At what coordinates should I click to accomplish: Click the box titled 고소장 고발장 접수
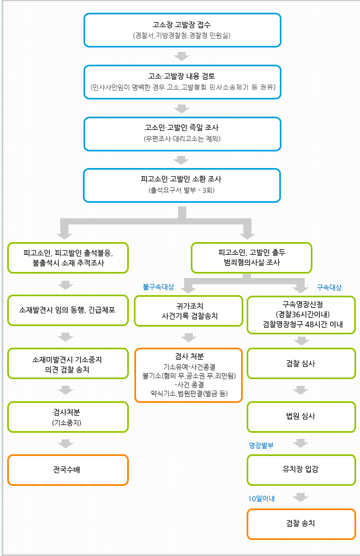point(182,30)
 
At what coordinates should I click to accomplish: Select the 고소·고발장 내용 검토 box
point(182,82)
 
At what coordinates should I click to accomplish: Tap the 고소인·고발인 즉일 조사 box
point(182,134)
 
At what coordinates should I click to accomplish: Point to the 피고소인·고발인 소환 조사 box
point(182,186)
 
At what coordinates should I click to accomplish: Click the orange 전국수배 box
point(68,470)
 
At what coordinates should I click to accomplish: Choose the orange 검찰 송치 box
point(301,524)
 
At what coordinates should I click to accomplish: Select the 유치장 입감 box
point(301,470)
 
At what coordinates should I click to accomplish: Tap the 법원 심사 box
point(301,417)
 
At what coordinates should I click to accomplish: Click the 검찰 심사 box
point(301,364)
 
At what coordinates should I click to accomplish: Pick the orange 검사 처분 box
point(189,375)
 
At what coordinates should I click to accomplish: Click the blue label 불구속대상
point(158,287)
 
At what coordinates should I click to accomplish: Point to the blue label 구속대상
point(329,287)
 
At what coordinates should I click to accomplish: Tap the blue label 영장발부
point(261,445)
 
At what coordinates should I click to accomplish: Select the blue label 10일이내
point(262,499)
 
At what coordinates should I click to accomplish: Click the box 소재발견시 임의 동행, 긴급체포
point(68,310)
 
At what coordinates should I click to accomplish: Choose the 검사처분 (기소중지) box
point(68,417)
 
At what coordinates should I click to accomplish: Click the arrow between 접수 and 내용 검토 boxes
point(181,56)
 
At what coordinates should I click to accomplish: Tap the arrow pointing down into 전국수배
point(66,444)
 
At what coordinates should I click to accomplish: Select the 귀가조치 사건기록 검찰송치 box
point(189,311)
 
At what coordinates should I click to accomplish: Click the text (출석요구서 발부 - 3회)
point(181,190)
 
